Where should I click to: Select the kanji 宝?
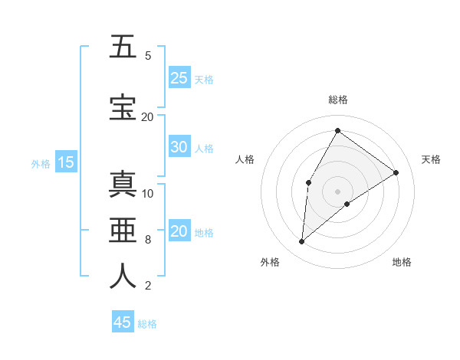pos(123,107)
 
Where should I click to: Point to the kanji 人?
pos(123,276)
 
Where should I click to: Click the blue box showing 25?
pos(179,78)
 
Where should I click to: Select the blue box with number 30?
pos(179,147)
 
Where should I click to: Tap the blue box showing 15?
pos(66,162)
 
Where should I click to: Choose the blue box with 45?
pos(123,322)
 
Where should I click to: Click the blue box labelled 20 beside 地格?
pos(179,232)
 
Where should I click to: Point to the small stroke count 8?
pos(148,240)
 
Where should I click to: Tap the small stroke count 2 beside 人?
pos(148,286)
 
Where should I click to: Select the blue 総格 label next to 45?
pos(147,324)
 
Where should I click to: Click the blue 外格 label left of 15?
pos(41,163)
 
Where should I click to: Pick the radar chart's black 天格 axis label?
pos(431,159)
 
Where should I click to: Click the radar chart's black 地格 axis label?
pos(402,262)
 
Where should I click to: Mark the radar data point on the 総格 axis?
pos(337,130)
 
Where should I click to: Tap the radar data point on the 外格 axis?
pos(302,242)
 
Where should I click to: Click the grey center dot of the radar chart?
pos(337,191)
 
